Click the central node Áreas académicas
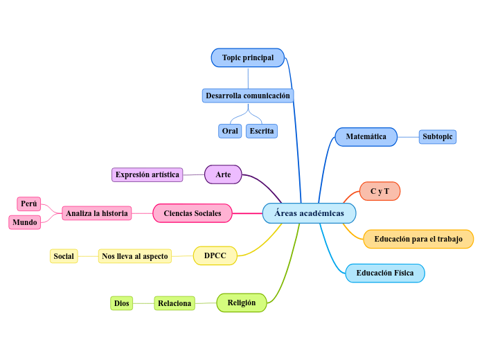pos(309,213)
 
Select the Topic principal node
pos(247,57)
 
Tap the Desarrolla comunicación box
pos(247,96)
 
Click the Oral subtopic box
pos(230,131)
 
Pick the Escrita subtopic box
pos(261,131)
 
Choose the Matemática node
pos(366,137)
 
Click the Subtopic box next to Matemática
pos(437,137)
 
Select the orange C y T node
pos(380,191)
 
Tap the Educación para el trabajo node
pos(418,240)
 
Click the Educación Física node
pos(384,273)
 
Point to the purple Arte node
pos(223,174)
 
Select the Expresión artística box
pos(147,174)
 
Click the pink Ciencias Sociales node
pos(192,213)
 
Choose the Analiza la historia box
pos(96,213)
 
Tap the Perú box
pos(28,204)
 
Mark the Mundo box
pos(25,222)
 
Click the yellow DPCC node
pos(215,256)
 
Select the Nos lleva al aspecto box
pos(134,256)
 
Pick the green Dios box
pos(121,303)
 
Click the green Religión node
pos(241,303)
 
